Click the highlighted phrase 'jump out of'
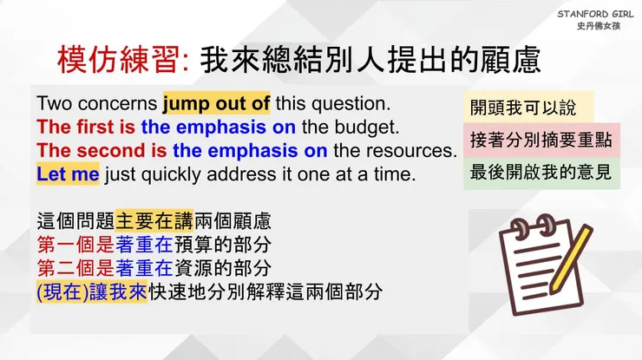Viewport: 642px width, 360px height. [216, 102]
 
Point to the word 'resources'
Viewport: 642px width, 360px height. [407, 150]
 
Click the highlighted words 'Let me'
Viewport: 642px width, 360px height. [68, 173]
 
